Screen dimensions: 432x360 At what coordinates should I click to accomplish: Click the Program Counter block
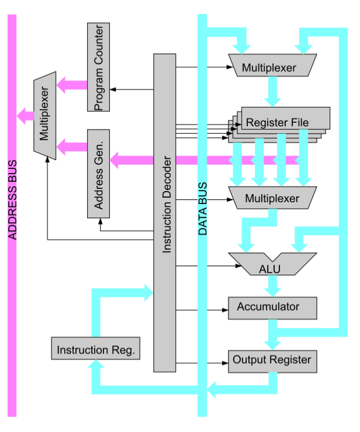coord(98,67)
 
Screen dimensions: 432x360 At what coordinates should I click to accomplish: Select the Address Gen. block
coord(98,174)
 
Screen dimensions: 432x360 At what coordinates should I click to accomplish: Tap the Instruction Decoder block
coord(165,213)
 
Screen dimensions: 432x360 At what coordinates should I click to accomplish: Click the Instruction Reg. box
coord(95,349)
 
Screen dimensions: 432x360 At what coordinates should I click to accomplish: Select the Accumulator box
coord(272,307)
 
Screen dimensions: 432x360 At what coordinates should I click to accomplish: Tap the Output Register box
coord(272,361)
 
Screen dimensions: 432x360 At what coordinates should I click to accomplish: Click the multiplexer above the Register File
coord(272,66)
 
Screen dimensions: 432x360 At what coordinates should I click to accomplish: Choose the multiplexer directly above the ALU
coord(272,198)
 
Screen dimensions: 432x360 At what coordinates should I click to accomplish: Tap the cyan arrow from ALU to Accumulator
coord(272,286)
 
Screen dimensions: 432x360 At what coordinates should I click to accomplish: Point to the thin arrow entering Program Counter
coord(131,89)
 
